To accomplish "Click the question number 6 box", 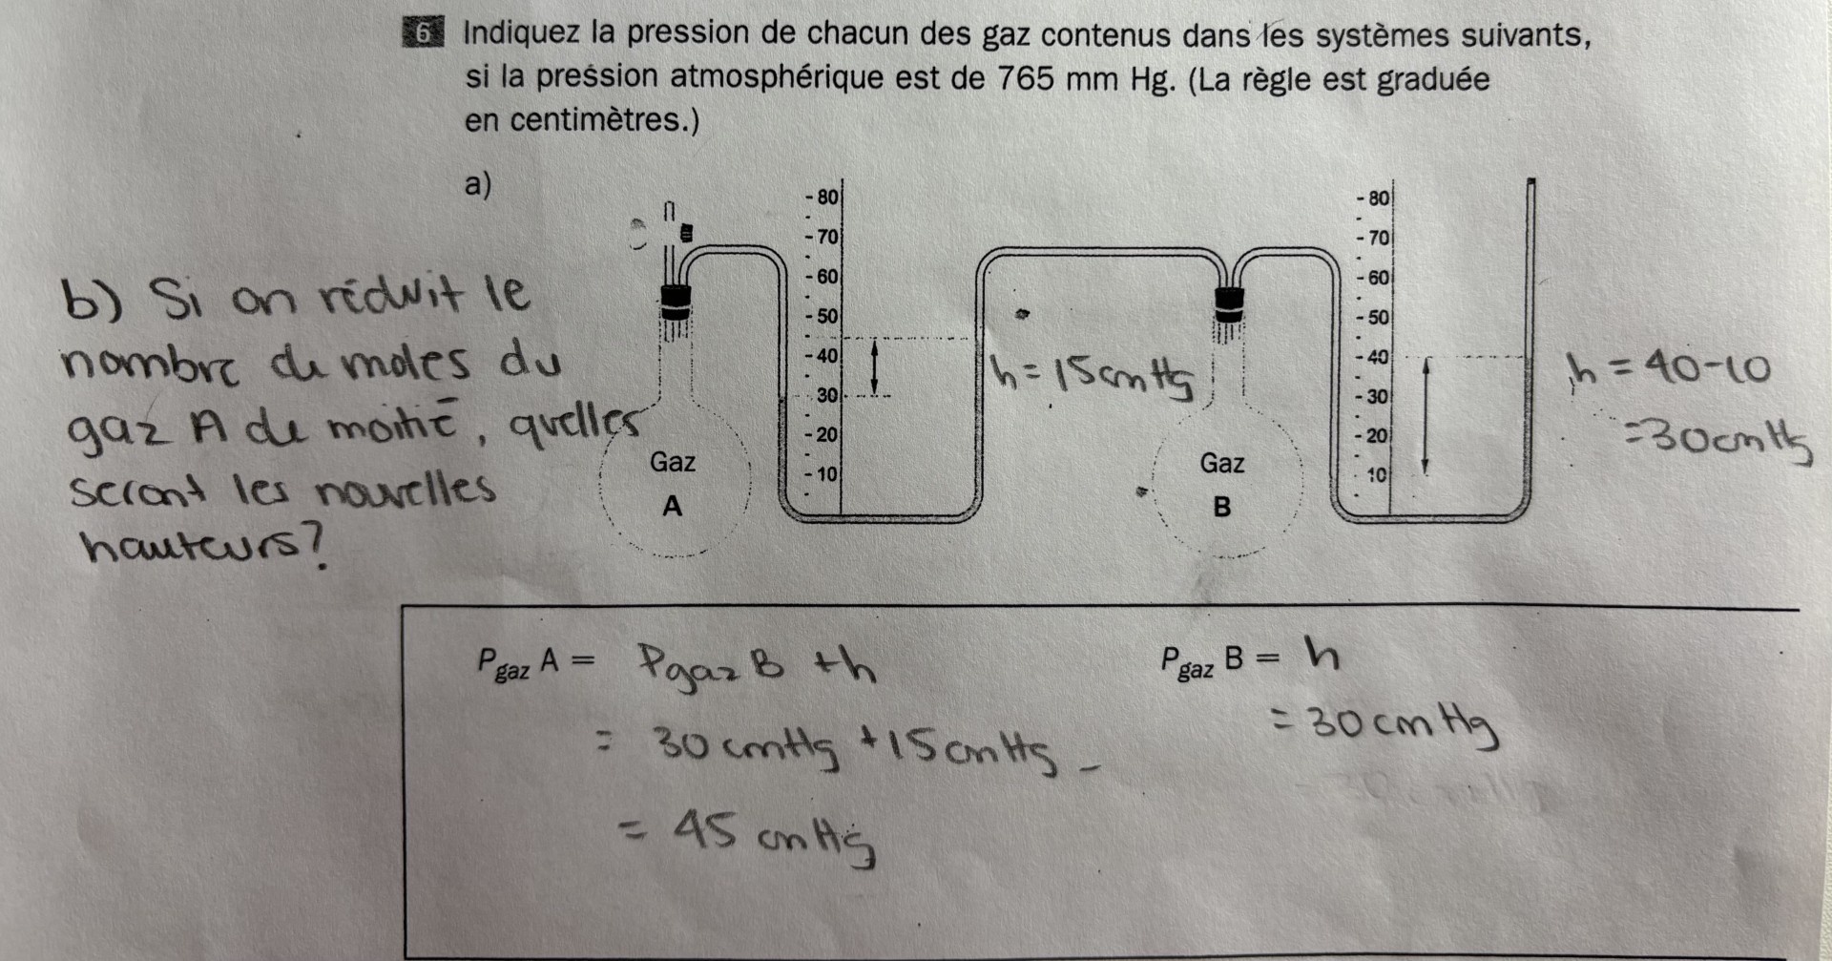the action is (423, 33).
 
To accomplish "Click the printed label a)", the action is (478, 183).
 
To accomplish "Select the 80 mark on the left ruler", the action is (825, 198).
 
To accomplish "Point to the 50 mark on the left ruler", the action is (825, 316).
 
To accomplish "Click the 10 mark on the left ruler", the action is (825, 473).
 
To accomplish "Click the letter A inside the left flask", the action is (673, 506).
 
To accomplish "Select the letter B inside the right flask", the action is (1221, 507).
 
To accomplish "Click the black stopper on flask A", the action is (677, 303).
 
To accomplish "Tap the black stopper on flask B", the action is (1229, 304).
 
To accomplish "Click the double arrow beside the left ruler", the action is (874, 368).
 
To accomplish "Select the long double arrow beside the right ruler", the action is (1426, 415).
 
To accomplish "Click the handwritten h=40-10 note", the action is (1668, 367).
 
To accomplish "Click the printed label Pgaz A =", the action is (535, 661).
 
